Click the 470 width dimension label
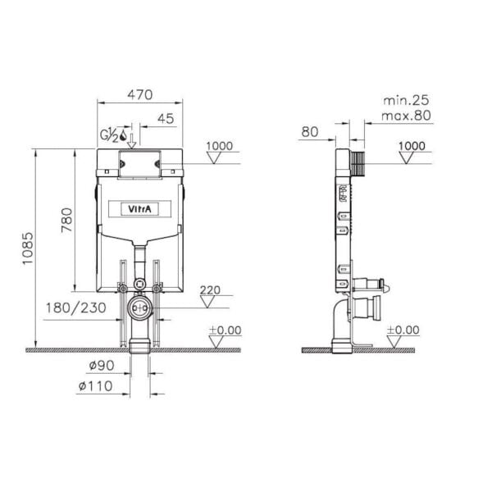coord(140,94)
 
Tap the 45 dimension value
coord(166,119)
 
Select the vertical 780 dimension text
coord(67,220)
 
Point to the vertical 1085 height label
coord(28,248)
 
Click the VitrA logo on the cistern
coord(139,208)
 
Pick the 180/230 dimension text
coord(76,307)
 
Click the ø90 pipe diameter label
coord(102,365)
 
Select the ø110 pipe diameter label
coord(95,386)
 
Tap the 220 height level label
coord(210,290)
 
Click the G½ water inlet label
coord(109,135)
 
